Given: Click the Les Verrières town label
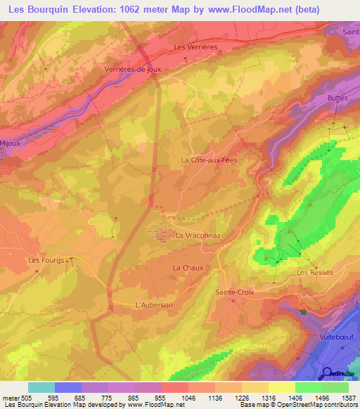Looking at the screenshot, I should [195, 47].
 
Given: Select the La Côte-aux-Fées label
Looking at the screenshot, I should [210, 160].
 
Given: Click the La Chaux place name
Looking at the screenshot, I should [188, 268].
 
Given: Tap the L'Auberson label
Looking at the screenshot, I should [153, 305].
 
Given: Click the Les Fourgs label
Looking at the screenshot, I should [46, 260].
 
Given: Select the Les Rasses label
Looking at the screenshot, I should [314, 272].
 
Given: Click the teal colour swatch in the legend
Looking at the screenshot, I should [41, 387].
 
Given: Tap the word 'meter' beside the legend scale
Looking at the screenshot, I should [11, 397].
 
